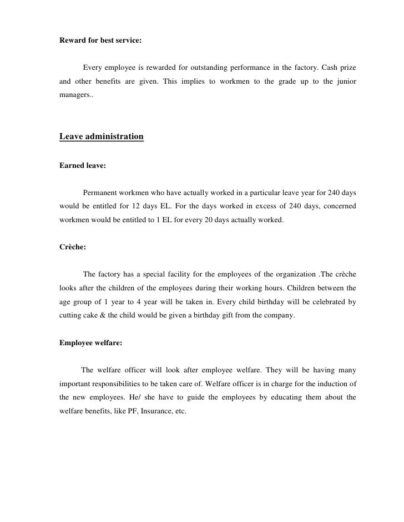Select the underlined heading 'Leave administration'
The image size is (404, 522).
tap(101, 136)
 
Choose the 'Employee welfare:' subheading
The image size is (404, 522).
tap(90, 343)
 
